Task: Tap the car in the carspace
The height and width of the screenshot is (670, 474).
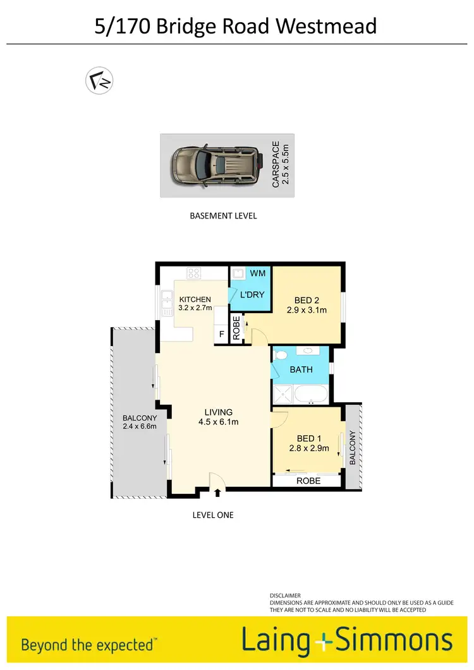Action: coord(216,165)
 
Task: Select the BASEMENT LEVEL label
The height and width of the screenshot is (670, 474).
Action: coord(223,216)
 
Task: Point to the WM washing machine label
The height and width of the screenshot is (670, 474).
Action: coord(257,273)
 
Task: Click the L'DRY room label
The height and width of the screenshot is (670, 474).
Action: coord(252,294)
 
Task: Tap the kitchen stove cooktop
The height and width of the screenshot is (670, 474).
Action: coord(193,273)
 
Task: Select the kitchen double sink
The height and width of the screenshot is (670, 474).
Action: coord(167,303)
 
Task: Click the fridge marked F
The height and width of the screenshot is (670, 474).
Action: coord(221,334)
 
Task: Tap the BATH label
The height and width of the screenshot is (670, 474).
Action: coord(301,369)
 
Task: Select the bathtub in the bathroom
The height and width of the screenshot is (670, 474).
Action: coord(312,396)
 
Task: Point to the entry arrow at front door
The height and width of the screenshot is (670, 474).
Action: coord(218,492)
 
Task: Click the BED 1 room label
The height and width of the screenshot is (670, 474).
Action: coord(308,438)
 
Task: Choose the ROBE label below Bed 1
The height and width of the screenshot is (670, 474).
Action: coord(308,481)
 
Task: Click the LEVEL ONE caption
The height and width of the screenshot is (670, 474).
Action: coord(213,515)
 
